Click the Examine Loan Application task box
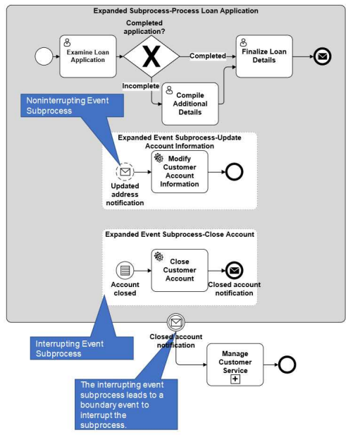88,56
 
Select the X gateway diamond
151,56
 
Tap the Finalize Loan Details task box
264,56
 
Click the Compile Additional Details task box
190,104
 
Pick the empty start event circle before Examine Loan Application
44,56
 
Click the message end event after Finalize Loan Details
323,56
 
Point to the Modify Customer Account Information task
180,172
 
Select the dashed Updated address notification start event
125,172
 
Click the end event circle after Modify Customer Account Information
234,172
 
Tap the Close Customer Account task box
180,270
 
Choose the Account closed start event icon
125,270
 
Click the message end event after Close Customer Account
234,270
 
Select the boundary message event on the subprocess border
176,322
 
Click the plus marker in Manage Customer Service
235,379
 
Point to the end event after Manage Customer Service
287,364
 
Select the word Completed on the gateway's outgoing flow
208,56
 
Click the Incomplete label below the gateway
141,86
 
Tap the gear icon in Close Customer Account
159,257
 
